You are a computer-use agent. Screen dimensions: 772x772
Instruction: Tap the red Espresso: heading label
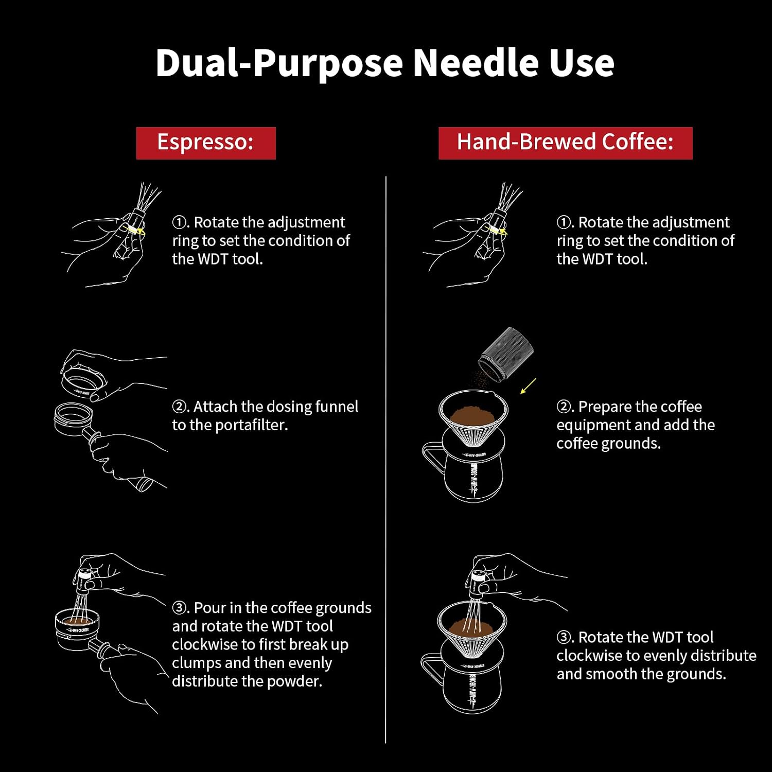coord(206,143)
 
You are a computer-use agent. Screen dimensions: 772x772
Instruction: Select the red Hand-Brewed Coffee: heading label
coord(566,143)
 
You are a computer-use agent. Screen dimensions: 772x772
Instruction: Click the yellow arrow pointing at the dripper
coord(528,386)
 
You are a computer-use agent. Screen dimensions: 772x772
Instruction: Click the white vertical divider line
coord(385,460)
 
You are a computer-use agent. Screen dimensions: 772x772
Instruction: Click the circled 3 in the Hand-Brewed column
coord(565,638)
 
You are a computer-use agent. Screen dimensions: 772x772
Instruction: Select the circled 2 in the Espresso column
coord(180,407)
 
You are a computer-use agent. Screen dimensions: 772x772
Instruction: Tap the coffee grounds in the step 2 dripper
coord(472,413)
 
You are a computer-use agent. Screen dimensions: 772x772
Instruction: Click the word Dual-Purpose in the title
coord(279,63)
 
